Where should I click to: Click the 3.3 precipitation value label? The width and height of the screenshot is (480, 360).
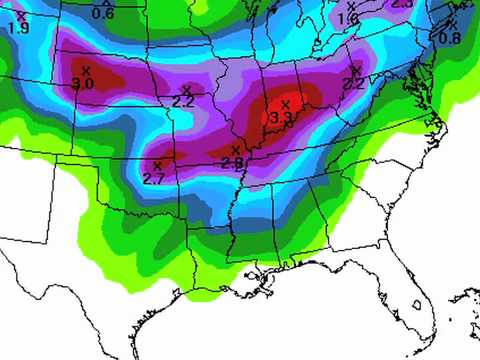(x=282, y=118)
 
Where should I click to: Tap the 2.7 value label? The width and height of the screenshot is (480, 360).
(x=154, y=178)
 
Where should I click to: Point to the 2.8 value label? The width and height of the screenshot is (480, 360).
(x=232, y=163)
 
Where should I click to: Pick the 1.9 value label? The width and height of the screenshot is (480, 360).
(x=18, y=28)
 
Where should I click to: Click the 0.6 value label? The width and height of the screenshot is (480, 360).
(x=103, y=14)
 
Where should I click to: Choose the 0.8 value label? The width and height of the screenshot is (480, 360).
(x=450, y=38)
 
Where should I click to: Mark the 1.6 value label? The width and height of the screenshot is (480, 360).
(x=348, y=19)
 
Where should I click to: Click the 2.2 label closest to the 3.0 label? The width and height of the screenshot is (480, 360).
(x=183, y=101)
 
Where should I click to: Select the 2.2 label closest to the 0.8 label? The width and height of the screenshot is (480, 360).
(x=354, y=84)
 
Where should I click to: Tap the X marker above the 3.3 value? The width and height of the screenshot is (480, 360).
(x=285, y=104)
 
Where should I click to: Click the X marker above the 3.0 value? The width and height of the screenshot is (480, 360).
(x=86, y=70)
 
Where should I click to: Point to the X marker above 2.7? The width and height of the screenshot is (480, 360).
(x=157, y=165)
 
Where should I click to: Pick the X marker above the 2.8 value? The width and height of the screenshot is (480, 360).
(x=235, y=150)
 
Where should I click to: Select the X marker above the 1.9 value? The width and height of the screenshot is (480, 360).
(x=20, y=15)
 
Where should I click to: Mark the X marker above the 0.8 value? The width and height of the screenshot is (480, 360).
(x=452, y=24)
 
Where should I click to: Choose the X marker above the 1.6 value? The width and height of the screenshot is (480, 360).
(x=351, y=7)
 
